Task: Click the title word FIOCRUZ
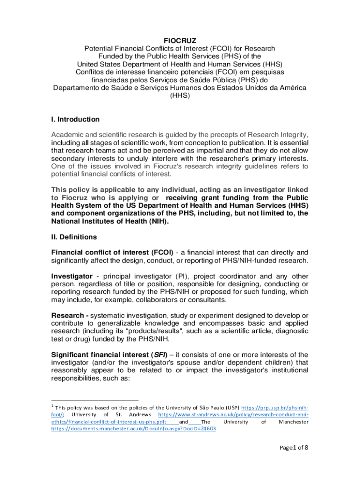pos(180,40)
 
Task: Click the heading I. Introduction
pos(75,119)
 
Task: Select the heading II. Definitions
pos(74,237)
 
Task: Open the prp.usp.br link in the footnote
pos(275,407)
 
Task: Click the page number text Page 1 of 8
pos(294,448)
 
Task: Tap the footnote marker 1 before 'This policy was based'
pos(53,406)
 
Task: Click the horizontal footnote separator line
pos(95,400)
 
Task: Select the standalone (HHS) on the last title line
pos(180,96)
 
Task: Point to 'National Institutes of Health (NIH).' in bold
pos(109,222)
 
